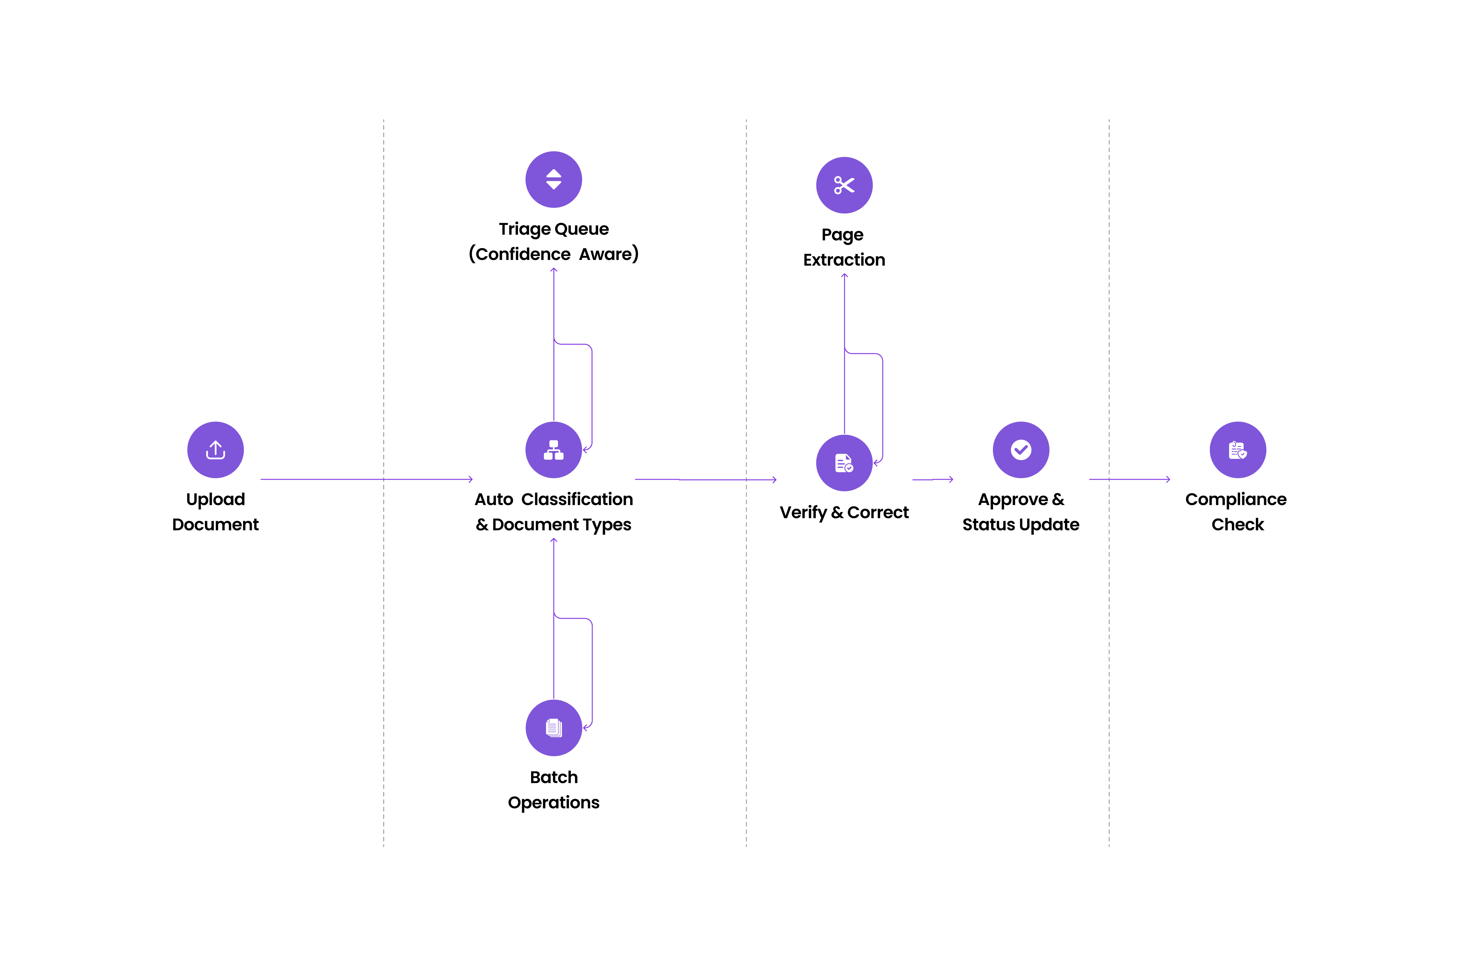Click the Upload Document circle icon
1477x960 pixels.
point(215,450)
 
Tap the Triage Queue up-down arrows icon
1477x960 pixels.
point(554,179)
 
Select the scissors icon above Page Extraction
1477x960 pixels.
point(844,185)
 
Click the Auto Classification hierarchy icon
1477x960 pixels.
point(554,450)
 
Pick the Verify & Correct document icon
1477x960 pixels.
point(844,463)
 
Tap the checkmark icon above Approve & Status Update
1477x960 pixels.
point(1021,450)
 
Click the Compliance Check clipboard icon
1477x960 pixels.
point(1237,450)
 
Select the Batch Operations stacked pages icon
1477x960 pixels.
point(554,728)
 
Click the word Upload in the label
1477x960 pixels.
point(215,500)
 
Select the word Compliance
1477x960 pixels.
point(1235,500)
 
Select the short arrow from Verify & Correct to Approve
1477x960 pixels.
point(933,479)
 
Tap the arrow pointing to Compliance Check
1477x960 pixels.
point(1129,479)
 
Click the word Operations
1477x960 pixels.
point(554,803)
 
